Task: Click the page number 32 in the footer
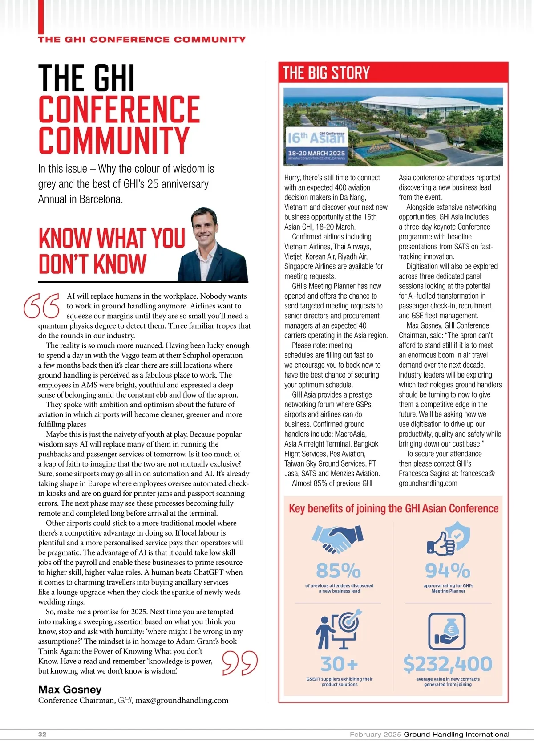(42, 734)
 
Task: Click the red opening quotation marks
(42, 305)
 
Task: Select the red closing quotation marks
(240, 663)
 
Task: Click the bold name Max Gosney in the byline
(70, 690)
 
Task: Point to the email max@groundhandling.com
(182, 700)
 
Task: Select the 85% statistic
(339, 570)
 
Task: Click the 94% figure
(448, 570)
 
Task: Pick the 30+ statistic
(339, 664)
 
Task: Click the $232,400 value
(448, 664)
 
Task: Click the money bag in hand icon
(447, 631)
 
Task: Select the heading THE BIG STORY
(326, 73)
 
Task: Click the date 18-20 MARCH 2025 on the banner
(316, 153)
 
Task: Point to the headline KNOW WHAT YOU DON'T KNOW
(111, 251)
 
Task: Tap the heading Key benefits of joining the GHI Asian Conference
(393, 508)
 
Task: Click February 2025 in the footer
(375, 734)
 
